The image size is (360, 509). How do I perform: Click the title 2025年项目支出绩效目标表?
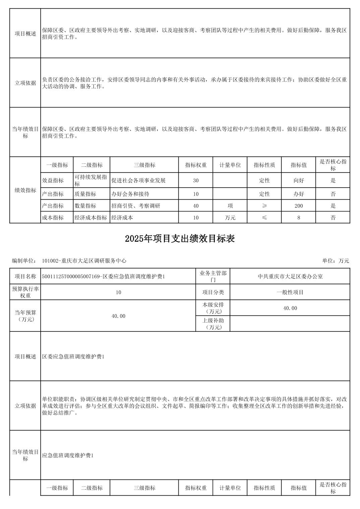pos(180,238)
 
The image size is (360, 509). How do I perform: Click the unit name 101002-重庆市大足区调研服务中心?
pos(84,261)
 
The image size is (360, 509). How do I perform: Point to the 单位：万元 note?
pos(336,261)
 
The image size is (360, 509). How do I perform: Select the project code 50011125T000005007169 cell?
pos(103,276)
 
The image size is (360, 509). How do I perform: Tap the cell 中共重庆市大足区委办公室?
pos(290,276)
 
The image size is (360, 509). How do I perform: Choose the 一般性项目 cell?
pos(290,292)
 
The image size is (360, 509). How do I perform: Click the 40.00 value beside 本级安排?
pos(290,308)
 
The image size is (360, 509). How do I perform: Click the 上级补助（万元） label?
pos(213,324)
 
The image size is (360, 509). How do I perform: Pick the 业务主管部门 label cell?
pos(213,276)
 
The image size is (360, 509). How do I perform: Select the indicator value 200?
pos(298,206)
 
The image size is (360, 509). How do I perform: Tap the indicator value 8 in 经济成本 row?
pos(298,218)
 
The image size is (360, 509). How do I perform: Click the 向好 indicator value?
pos(298,180)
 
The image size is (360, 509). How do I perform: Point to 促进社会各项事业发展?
pos(138,180)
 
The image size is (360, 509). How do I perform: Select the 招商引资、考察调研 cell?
pos(136,206)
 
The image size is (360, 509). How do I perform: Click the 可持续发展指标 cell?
pos(91,180)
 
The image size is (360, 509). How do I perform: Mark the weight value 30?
pos(196,180)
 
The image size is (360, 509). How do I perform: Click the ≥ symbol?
pos(264,206)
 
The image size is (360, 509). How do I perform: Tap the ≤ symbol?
pos(264,218)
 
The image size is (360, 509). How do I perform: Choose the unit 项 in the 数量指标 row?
pos(230,206)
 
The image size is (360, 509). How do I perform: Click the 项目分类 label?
pos(213,292)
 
